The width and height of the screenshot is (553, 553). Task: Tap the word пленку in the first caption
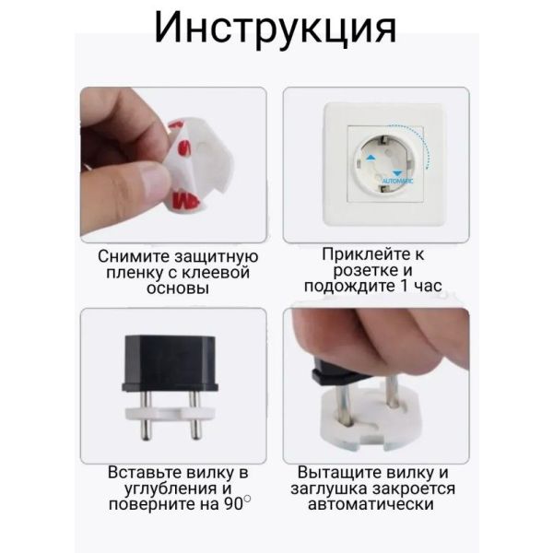pos(132,273)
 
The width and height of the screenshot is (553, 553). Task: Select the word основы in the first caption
pos(178,288)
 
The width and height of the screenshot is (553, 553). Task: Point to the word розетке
pos(365,271)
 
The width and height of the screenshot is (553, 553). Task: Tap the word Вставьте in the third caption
pos(145,473)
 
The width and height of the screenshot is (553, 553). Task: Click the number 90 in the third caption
pos(233,504)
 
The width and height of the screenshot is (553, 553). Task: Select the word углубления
pos(171,488)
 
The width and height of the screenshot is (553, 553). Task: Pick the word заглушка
pos(329,488)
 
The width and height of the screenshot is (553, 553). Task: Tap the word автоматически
pos(371,504)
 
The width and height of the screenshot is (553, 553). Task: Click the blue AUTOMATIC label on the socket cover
pos(397,182)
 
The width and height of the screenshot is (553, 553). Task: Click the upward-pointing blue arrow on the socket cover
pos(371,158)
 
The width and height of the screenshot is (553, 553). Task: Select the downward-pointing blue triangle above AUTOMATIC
pos(397,173)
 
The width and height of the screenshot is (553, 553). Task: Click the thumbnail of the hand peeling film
pos(173,165)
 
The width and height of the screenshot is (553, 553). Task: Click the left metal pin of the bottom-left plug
pos(146,416)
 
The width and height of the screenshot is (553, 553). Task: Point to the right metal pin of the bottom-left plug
pos(194,416)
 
